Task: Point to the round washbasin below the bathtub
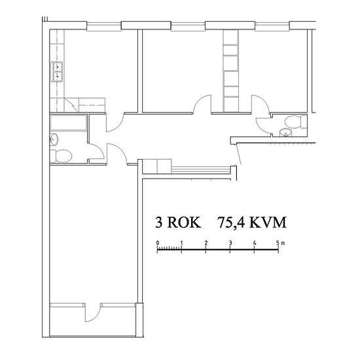pos(54,138)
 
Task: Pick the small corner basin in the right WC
pos(284,132)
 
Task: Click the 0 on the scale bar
pos(158,242)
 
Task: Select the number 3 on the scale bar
pos(230,242)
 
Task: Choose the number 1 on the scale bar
pos(182,242)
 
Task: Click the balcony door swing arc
pos(92,313)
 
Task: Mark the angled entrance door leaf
pos(240,153)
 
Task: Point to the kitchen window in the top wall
pos(104,26)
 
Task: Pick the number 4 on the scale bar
pos(255,242)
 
